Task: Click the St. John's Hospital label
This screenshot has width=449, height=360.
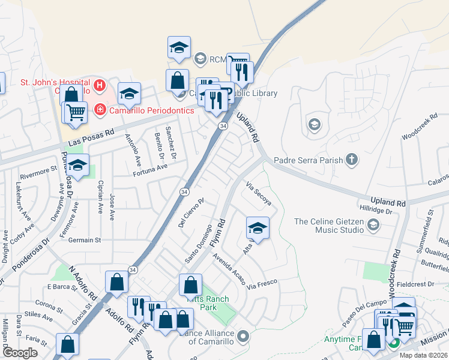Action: click(55, 82)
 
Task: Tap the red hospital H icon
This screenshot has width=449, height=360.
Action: click(100, 86)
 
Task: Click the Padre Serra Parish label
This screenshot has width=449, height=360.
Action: click(308, 160)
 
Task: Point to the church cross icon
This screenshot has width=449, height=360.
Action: click(352, 160)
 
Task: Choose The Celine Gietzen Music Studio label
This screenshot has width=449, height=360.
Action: click(330, 226)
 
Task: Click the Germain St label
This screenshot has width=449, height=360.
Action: click(85, 240)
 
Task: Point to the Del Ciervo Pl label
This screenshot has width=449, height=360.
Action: click(191, 214)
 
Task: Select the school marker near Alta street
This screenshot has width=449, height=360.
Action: click(258, 228)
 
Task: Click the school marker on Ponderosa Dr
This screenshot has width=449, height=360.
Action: click(77, 165)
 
